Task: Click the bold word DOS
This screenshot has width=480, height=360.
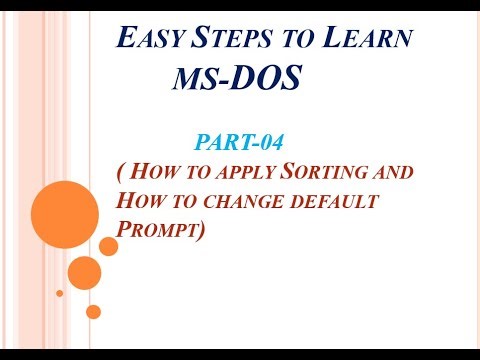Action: coord(261,76)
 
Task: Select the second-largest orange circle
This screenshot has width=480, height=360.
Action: coord(85,271)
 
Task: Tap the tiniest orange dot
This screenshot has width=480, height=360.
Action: coord(59,293)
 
